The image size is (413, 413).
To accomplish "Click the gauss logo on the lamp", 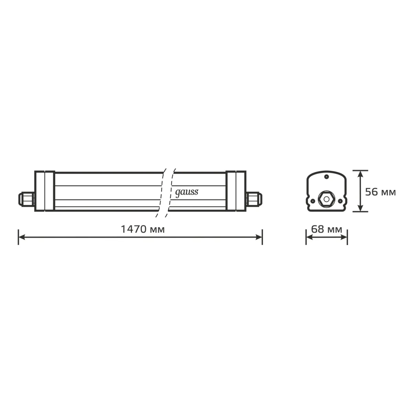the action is pyautogui.click(x=187, y=193).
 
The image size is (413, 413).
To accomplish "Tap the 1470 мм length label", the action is pyautogui.click(x=143, y=229).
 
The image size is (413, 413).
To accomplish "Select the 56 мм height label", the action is pyautogui.click(x=380, y=192).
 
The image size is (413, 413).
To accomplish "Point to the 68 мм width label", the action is pyautogui.click(x=326, y=229).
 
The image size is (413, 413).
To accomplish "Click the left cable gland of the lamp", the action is pyautogui.click(x=27, y=199).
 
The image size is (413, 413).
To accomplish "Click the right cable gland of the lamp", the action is pyautogui.click(x=254, y=199).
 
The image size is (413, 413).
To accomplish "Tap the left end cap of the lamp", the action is pyautogui.click(x=45, y=191).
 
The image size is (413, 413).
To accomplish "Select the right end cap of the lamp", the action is pyautogui.click(x=236, y=191).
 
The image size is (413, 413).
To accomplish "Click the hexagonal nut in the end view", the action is pyautogui.click(x=326, y=199).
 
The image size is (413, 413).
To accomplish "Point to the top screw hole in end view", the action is pyautogui.click(x=326, y=177).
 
